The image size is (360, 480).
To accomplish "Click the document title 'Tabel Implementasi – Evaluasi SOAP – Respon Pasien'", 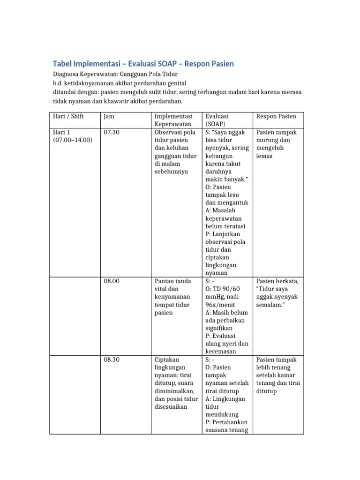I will click(x=144, y=64).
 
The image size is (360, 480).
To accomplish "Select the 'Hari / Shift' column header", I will click(x=68, y=116).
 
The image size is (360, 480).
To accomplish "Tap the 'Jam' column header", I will click(x=109, y=116).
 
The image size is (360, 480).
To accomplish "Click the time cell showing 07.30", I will click(x=112, y=132).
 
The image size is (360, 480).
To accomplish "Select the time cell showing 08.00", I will click(x=112, y=281).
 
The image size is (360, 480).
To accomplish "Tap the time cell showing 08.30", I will click(x=112, y=360).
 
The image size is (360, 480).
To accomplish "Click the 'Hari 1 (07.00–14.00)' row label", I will click(x=73, y=136).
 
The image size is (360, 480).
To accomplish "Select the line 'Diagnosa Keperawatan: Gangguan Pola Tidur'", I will click(x=115, y=75).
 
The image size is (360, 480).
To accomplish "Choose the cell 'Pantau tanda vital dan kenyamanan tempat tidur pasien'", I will click(x=172, y=297).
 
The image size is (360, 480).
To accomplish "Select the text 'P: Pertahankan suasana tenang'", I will click(x=226, y=426).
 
